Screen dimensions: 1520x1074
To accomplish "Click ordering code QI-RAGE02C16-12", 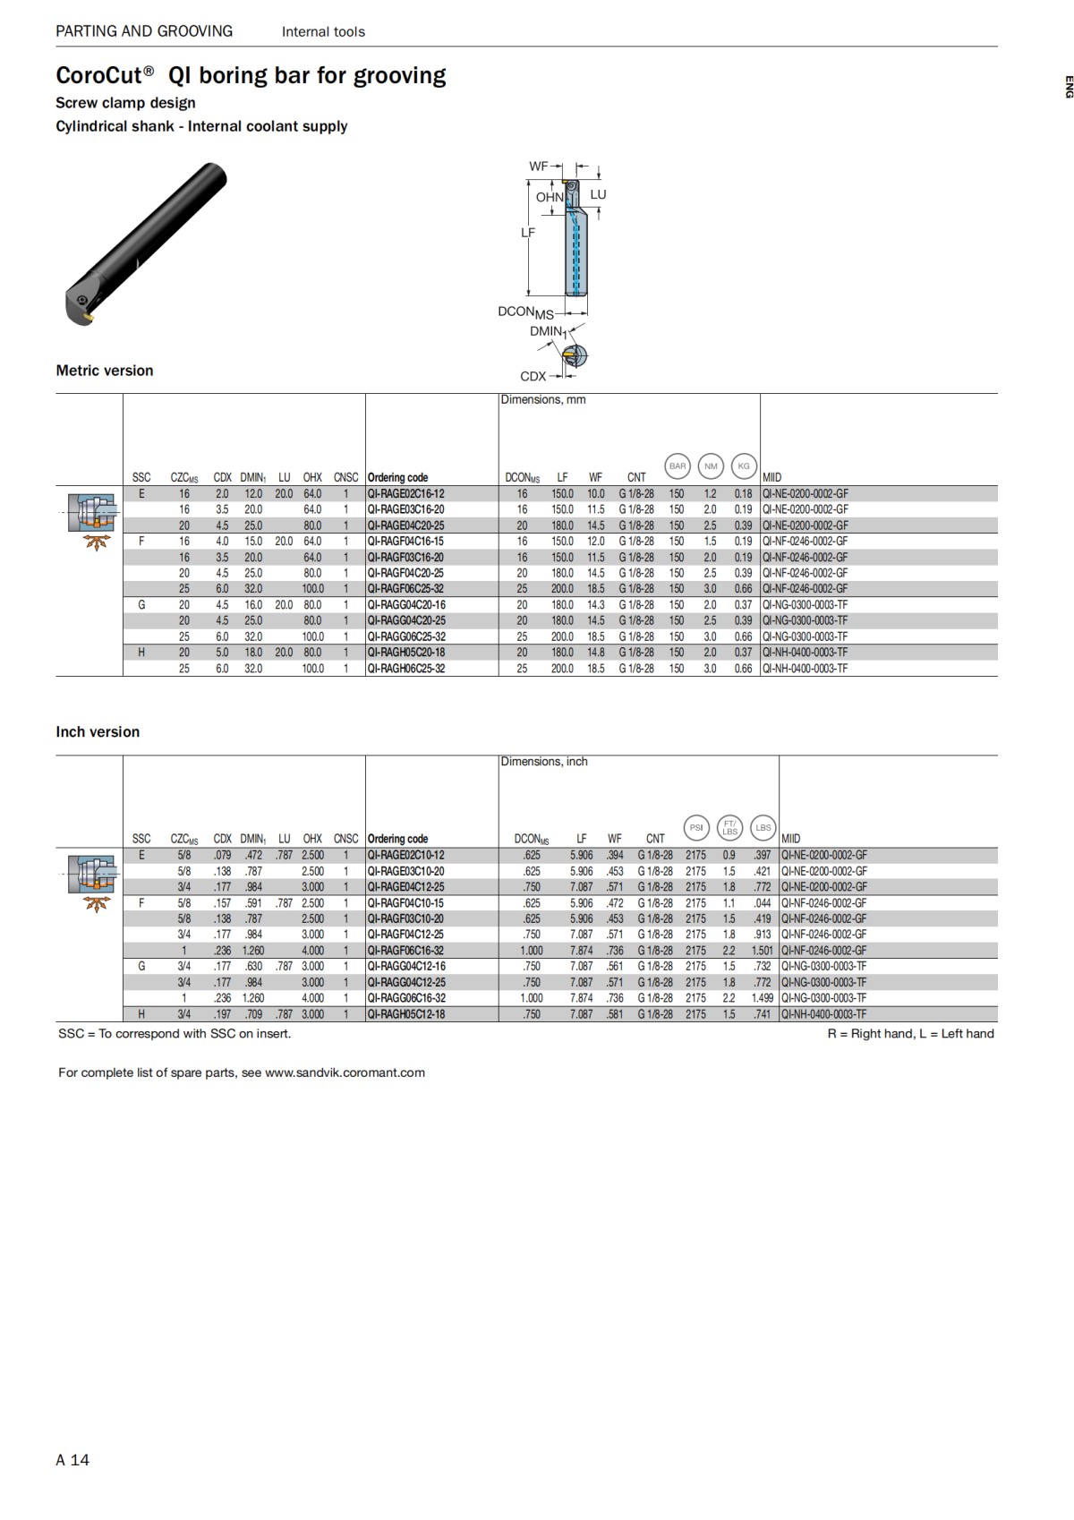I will [405, 493].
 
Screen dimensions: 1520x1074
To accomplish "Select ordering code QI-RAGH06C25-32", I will [405, 669].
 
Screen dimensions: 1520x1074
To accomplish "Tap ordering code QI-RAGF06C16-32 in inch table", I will [405, 951].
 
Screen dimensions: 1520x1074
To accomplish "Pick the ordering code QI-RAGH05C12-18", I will [405, 1014].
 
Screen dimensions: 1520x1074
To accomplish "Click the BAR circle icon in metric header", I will [678, 465].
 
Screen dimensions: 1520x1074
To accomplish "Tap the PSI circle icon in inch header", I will [696, 827].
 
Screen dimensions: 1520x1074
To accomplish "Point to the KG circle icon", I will [744, 465].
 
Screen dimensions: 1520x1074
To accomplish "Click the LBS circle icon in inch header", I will [763, 827].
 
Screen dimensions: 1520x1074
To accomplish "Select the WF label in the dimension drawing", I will [538, 167].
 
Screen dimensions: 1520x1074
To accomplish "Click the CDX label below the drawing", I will [533, 377].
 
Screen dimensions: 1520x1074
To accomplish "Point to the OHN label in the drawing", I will [550, 197].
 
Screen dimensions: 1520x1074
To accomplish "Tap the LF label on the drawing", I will [528, 233].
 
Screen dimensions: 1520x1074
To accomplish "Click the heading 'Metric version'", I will [105, 371].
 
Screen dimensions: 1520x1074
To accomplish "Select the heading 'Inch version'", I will [98, 732].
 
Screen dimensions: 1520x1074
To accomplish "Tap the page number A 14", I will [72, 1460].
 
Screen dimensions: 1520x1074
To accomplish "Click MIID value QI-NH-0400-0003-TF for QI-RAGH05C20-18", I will [805, 653].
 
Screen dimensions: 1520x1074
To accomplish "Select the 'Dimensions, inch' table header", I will [544, 762].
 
